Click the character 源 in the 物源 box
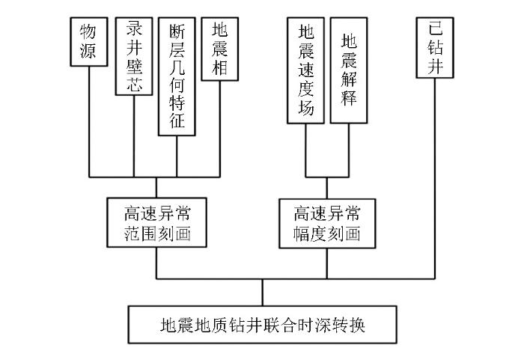pos(88,51)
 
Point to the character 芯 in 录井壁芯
pos(134,84)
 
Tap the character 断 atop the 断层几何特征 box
pos(177,31)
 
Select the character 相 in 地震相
pos(220,67)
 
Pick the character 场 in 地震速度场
pos(306,108)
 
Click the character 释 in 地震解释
pos(349,97)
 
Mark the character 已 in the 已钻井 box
pos(435,28)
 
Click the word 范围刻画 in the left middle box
pos(157,234)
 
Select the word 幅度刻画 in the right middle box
pos(327,234)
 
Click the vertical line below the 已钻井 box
pos(435,178)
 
